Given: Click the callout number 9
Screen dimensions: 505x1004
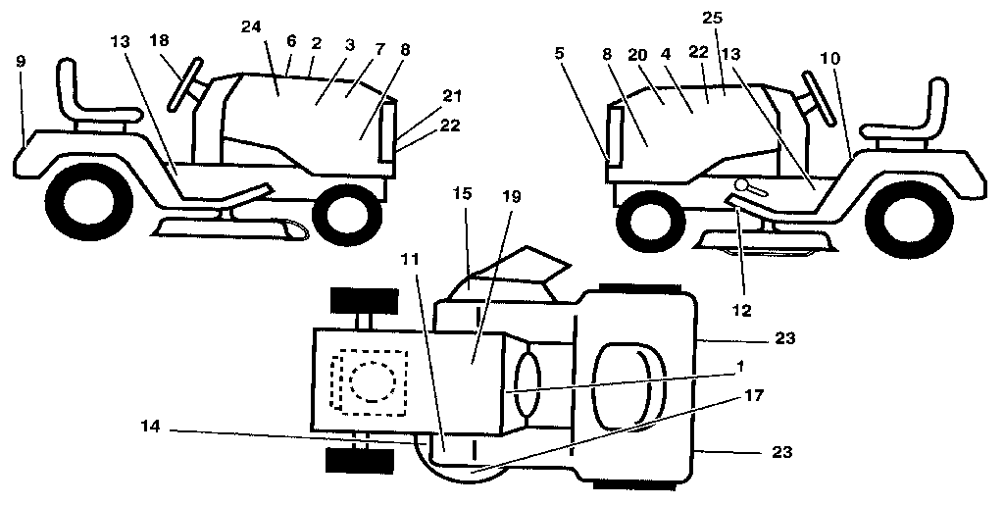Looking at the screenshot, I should (x=22, y=61).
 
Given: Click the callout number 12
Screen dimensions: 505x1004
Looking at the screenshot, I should (x=741, y=310).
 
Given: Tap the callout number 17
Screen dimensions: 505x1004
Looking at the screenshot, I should (x=754, y=395).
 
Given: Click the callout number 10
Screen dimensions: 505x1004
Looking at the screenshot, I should (x=830, y=58).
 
